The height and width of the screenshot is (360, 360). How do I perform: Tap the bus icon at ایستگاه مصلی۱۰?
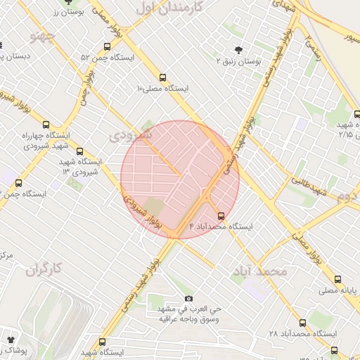click(163, 77)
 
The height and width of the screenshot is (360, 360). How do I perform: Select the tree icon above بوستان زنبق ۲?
click(239, 50)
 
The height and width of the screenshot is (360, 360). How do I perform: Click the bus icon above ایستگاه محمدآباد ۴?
click(222, 216)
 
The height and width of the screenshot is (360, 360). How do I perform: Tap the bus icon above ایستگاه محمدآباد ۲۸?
click(303, 323)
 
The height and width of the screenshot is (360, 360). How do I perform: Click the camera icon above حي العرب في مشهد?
click(188, 299)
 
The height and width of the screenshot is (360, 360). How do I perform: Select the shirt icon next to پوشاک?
click(11, 339)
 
